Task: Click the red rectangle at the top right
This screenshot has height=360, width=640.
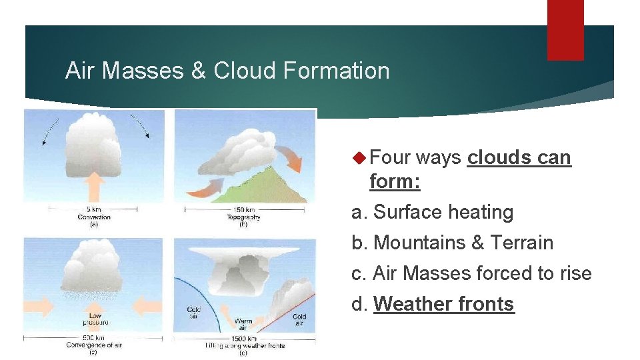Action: (565, 30)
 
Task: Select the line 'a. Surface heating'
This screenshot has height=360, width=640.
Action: (433, 212)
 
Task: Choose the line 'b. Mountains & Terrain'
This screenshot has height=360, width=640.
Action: (453, 243)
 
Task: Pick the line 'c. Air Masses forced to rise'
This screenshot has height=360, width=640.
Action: (471, 273)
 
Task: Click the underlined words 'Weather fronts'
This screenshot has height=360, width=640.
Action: (444, 304)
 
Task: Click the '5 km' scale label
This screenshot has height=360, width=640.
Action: (93, 209)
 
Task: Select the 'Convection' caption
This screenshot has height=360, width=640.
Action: (93, 217)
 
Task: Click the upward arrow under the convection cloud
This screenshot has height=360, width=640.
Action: (95, 187)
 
